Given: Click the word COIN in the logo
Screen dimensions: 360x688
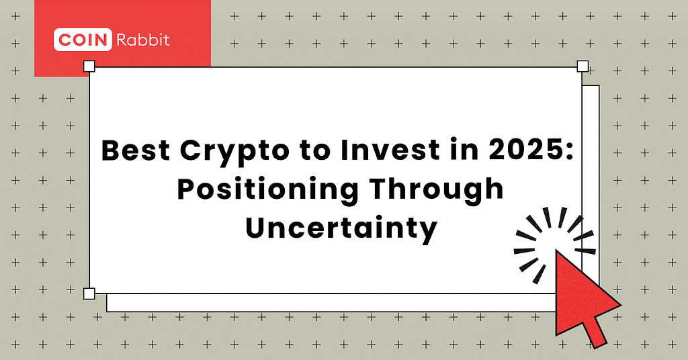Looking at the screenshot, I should [x=82, y=40].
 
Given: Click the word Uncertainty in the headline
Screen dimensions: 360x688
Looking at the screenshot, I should [x=341, y=228].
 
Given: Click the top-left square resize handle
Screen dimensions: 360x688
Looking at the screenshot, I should [x=89, y=66].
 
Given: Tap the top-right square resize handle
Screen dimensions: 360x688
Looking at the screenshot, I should [x=583, y=66].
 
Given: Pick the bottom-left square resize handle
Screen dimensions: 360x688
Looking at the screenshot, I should [x=89, y=294].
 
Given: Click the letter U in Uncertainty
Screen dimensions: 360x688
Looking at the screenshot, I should [x=255, y=228].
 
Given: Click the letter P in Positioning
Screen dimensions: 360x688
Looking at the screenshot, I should [x=185, y=190].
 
